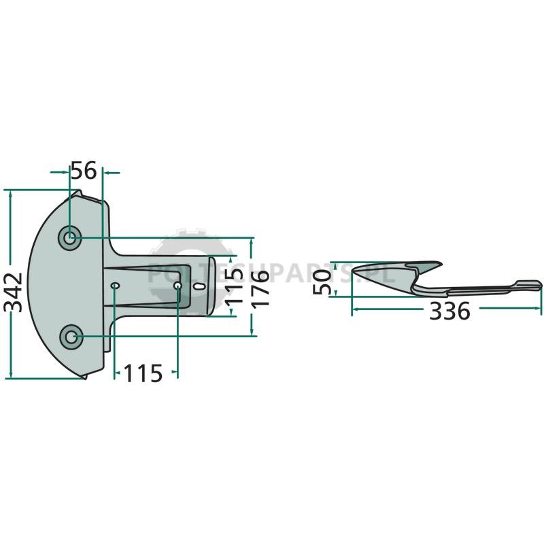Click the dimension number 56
tap(83, 171)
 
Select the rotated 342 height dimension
tap(14, 292)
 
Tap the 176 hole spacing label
tap(260, 289)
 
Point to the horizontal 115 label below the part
tap(143, 373)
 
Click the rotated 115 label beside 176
tap(234, 286)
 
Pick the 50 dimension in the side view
tap(322, 282)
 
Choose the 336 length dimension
tap(449, 311)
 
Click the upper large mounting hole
tap(70, 237)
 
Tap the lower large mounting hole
tap(71, 337)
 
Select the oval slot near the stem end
tap(199, 286)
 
